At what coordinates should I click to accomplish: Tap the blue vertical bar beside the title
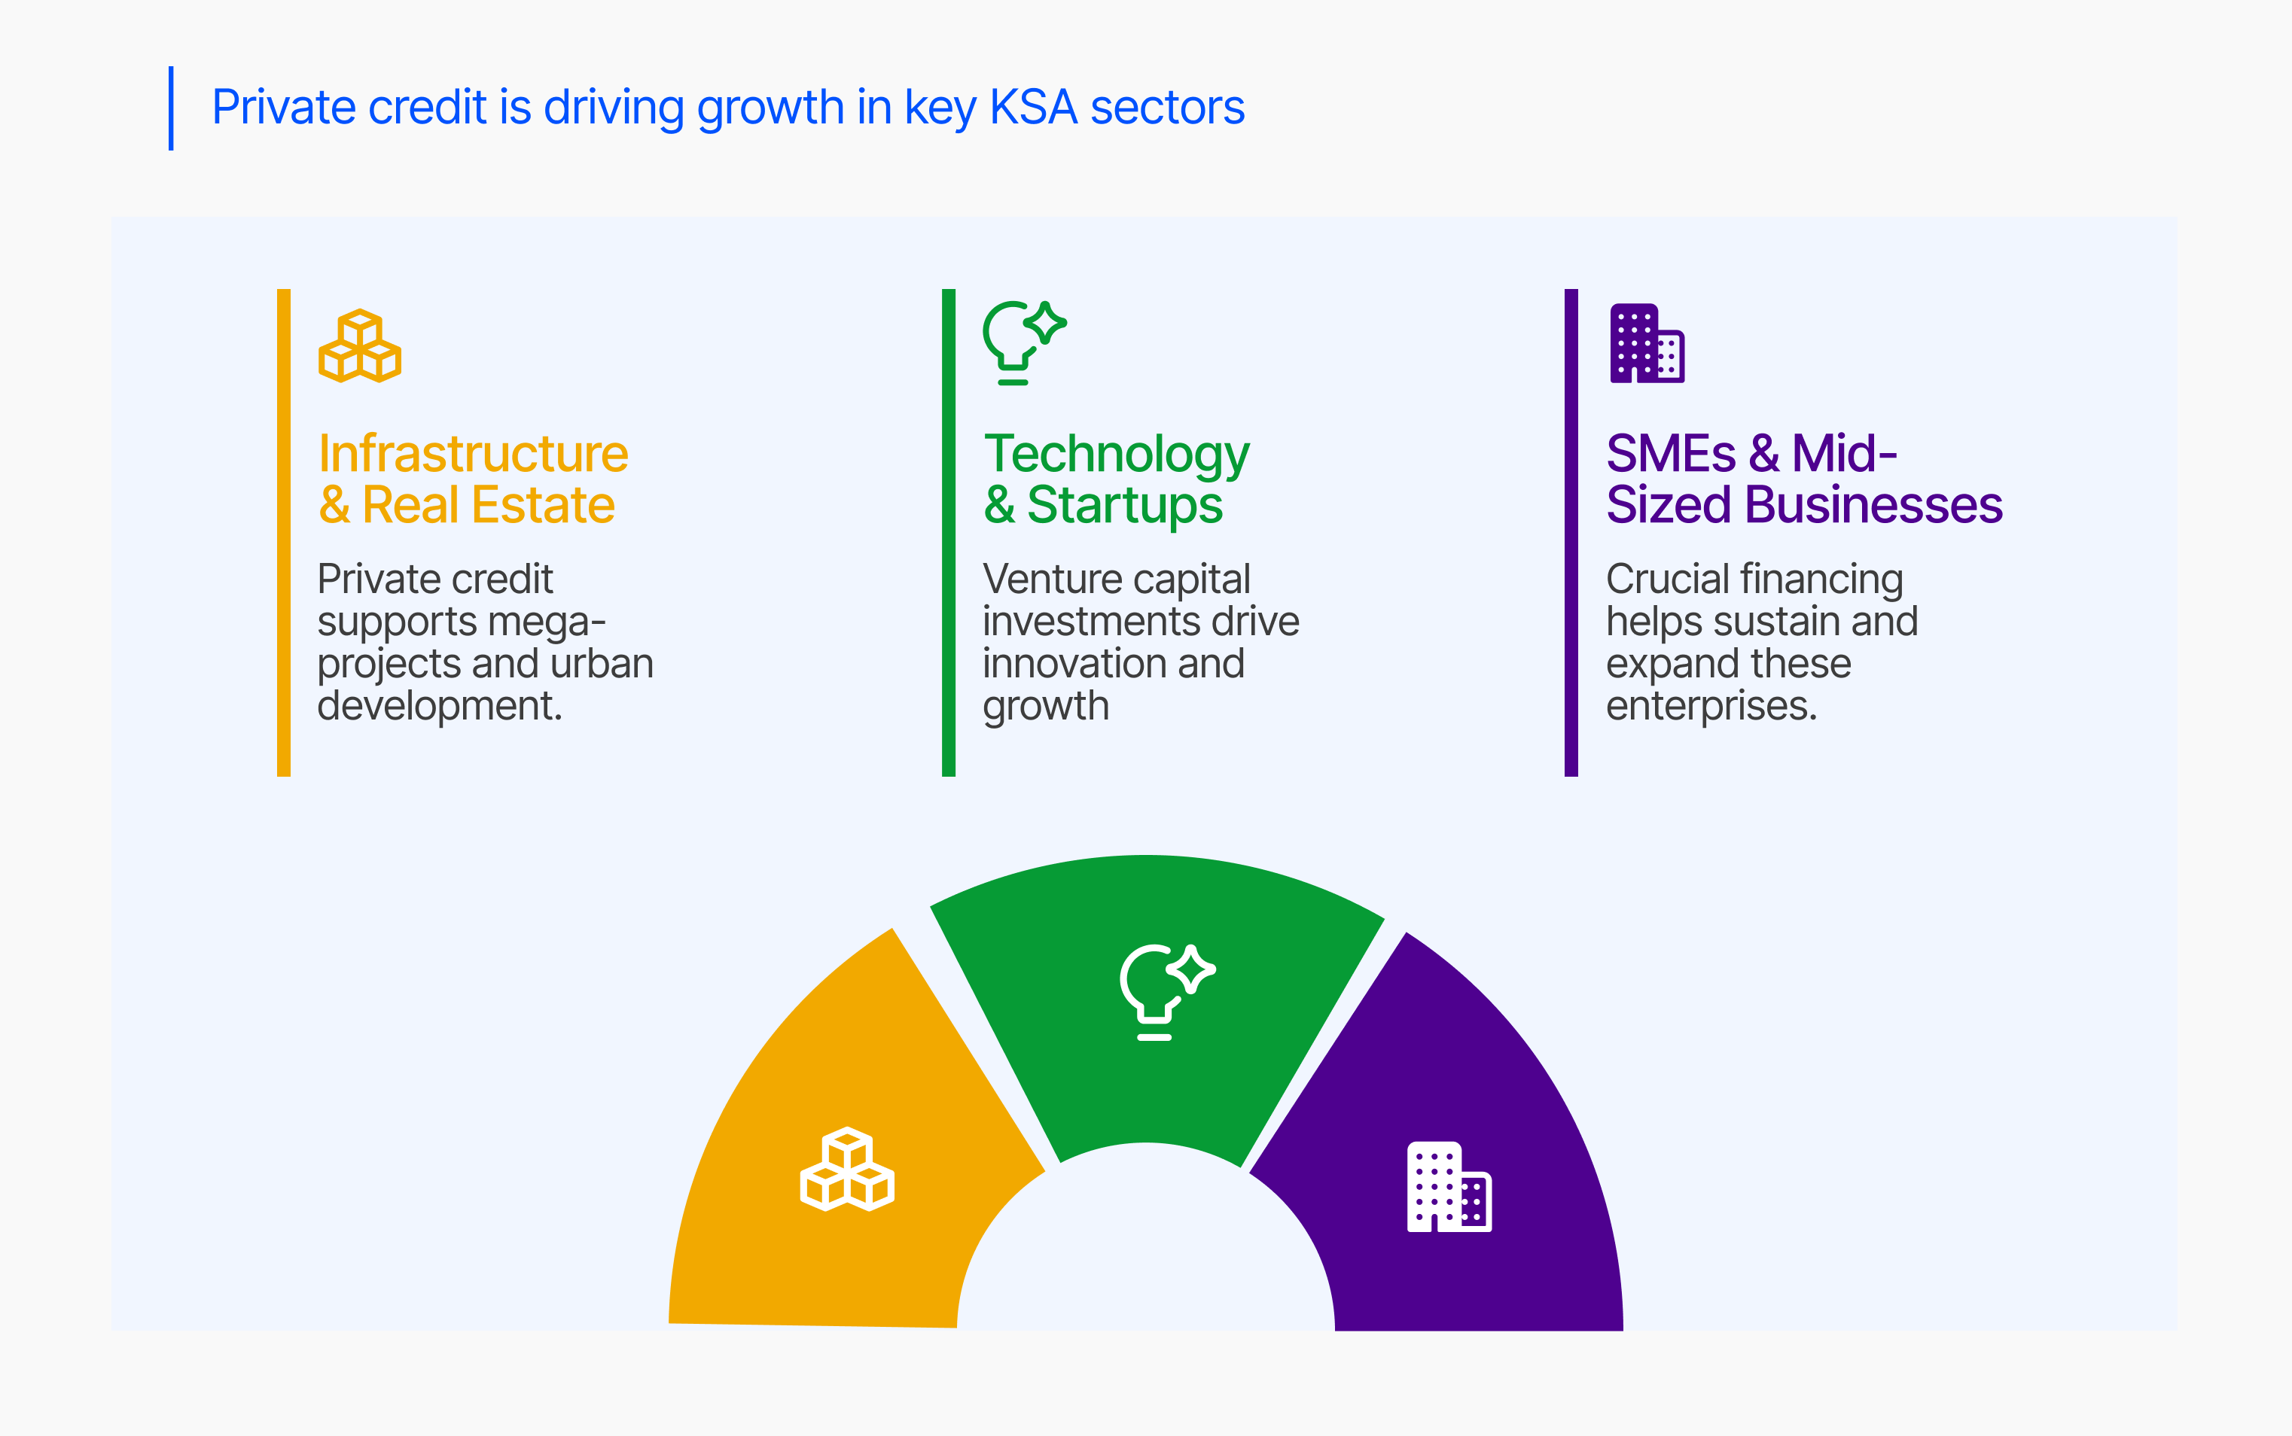(171, 108)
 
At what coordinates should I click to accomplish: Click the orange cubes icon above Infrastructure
(360, 345)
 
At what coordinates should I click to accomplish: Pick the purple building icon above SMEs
(1647, 343)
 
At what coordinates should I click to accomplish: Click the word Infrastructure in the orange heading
(473, 454)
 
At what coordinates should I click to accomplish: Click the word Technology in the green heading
(1116, 455)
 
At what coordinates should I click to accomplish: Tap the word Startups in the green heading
(1125, 505)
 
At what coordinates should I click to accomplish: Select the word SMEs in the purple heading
(1671, 454)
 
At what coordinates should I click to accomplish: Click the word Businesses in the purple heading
(1874, 504)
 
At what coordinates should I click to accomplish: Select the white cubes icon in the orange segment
(847, 1169)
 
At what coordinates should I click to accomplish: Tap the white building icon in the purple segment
(1449, 1186)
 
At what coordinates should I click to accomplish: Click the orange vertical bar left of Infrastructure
(283, 533)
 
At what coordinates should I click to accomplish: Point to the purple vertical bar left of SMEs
(1571, 533)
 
